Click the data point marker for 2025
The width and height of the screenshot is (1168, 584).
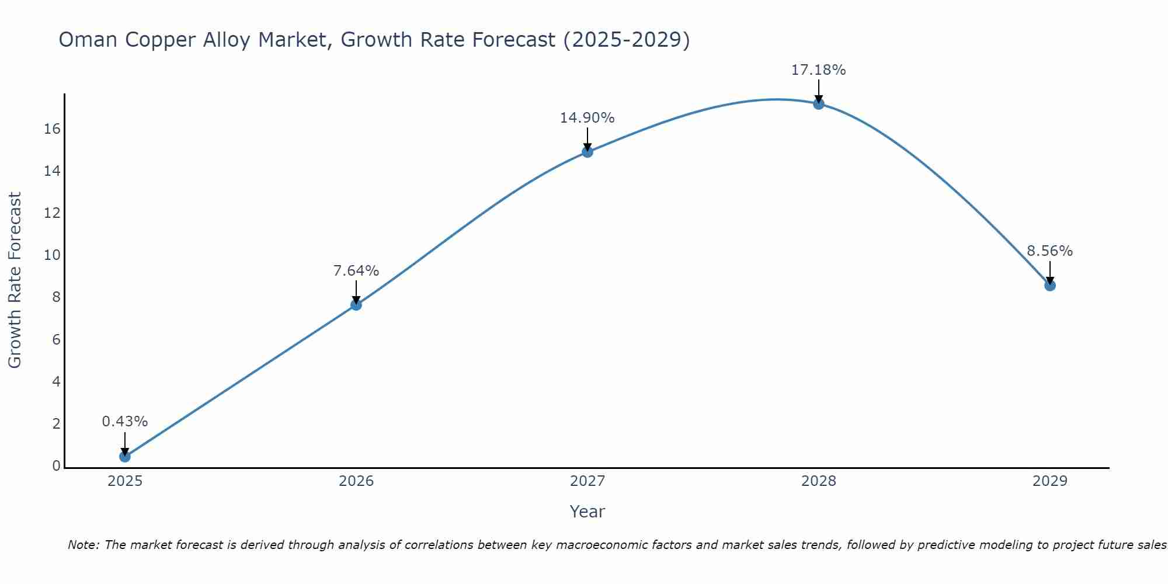tap(125, 457)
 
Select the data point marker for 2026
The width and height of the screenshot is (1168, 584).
tap(356, 305)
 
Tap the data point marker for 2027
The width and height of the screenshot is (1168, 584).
tap(588, 152)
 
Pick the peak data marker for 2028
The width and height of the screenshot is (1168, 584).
tap(819, 104)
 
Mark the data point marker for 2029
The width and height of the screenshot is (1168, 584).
tap(1050, 286)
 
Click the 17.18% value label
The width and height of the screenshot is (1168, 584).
tap(818, 70)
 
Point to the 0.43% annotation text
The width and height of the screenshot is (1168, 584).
tap(125, 422)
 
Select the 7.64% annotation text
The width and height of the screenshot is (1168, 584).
tap(356, 271)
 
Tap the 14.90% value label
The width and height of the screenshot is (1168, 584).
tap(588, 118)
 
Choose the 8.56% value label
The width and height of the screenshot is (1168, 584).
tap(1050, 251)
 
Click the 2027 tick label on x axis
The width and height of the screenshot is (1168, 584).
tap(588, 481)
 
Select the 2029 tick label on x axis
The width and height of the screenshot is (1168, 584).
tap(1050, 481)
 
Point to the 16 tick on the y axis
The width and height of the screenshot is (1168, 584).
tap(52, 129)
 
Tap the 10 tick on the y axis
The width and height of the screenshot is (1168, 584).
tap(52, 255)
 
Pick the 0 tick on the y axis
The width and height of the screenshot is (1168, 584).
tap(56, 466)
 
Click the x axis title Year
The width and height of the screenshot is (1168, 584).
tap(588, 512)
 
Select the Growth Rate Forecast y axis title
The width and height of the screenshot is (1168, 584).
tap(15, 280)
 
